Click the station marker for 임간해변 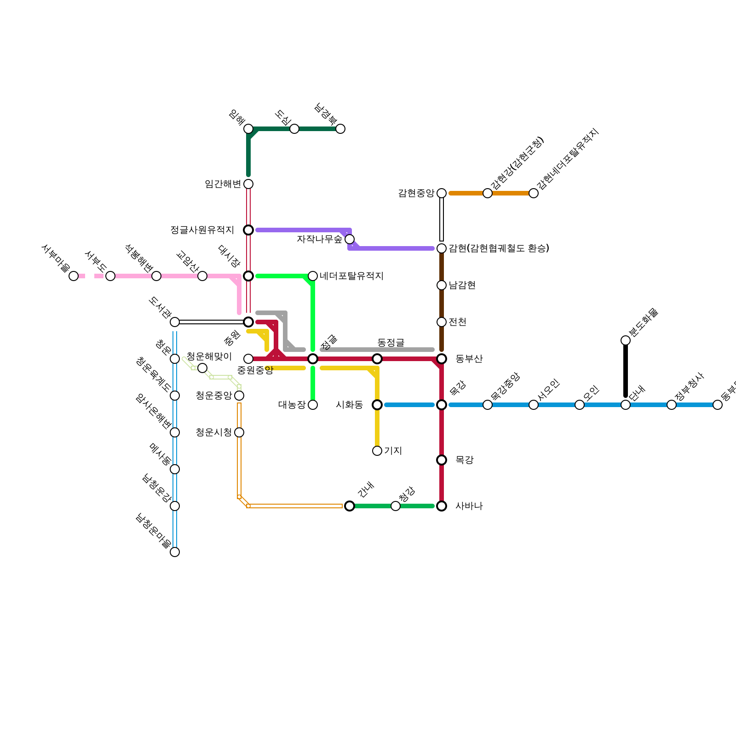click(x=248, y=184)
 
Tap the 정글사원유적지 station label click(x=202, y=230)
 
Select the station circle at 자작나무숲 click(x=350, y=239)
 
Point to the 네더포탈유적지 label click(x=351, y=276)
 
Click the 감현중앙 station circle click(x=442, y=193)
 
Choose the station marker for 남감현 click(x=442, y=285)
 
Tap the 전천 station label click(x=457, y=322)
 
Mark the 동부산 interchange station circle click(x=442, y=359)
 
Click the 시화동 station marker click(x=377, y=405)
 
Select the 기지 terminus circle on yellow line click(x=377, y=451)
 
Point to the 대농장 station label click(x=292, y=405)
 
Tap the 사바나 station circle click(x=442, y=506)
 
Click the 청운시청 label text click(x=213, y=432)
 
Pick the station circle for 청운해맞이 click(x=202, y=368)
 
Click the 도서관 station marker click(x=175, y=322)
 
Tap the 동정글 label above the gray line click(x=391, y=342)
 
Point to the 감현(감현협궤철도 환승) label click(x=499, y=248)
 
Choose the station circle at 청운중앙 click(x=239, y=396)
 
